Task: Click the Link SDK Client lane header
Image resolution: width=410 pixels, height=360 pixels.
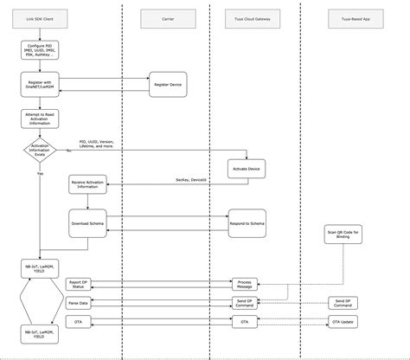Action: point(38,17)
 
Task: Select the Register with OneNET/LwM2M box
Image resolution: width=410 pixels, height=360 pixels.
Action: point(38,85)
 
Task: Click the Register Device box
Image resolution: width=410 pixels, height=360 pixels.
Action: point(167,85)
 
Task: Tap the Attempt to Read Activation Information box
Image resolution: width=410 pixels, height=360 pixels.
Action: point(38,118)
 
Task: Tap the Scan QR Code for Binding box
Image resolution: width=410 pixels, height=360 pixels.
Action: point(343,238)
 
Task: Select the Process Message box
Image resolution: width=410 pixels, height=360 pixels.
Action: point(246,283)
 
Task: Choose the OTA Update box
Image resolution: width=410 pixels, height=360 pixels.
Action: point(343,321)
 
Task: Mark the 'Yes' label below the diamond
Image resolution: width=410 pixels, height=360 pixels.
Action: point(40,172)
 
